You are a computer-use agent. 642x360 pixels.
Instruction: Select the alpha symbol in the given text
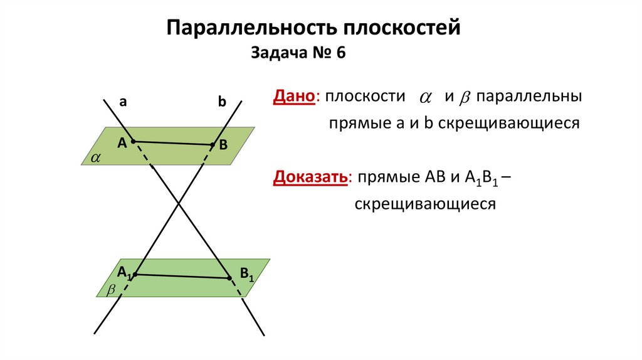coord(426,98)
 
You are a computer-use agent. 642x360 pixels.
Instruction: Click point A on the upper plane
coord(133,141)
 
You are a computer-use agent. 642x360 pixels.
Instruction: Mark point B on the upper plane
coord(213,145)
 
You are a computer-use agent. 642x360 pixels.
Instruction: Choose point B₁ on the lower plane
coord(228,277)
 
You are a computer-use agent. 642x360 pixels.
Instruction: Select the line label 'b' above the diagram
coord(221,102)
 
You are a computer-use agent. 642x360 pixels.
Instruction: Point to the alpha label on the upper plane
coord(95,157)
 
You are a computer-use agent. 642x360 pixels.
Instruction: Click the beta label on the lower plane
coord(112,290)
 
